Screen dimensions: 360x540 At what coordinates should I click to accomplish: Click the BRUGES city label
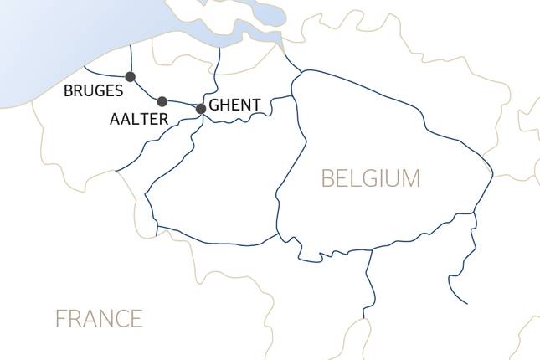point(93,91)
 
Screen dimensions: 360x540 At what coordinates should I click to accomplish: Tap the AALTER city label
point(139,120)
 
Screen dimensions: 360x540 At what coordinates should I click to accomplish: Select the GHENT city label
point(235,105)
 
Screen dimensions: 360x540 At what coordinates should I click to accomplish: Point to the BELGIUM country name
point(371,178)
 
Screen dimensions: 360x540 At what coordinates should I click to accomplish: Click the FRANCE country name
point(99,319)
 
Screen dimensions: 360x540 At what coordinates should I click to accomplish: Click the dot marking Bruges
point(130,77)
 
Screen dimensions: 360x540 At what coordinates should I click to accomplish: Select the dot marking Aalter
point(162,101)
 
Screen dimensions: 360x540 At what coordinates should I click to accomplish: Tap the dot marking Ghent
point(201,109)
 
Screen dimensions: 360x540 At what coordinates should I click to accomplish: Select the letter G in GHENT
point(214,105)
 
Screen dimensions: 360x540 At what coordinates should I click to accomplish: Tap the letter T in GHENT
point(255,105)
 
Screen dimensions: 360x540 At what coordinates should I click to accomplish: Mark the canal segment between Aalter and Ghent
point(183,104)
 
